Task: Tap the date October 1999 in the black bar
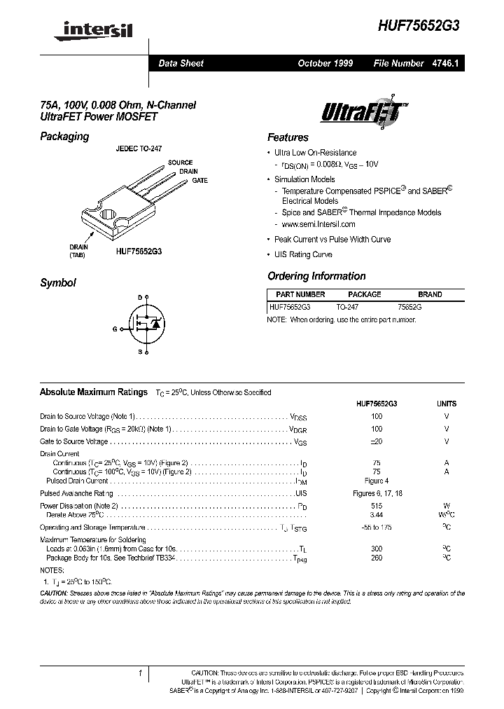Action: pyautogui.click(x=325, y=63)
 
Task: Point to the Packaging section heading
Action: pyautogui.click(x=64, y=136)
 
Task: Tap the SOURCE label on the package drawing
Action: pyautogui.click(x=180, y=163)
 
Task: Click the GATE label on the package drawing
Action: pyautogui.click(x=200, y=181)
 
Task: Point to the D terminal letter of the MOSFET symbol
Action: pyautogui.click(x=139, y=298)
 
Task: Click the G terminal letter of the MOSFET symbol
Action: pyautogui.click(x=115, y=328)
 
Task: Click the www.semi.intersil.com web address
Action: pyautogui.click(x=318, y=224)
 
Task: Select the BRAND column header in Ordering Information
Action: pyautogui.click(x=430, y=295)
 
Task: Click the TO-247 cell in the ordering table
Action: pyautogui.click(x=348, y=307)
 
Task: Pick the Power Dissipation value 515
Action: pyautogui.click(x=377, y=505)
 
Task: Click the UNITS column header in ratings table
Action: pyautogui.click(x=446, y=404)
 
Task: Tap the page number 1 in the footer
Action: pyautogui.click(x=141, y=674)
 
